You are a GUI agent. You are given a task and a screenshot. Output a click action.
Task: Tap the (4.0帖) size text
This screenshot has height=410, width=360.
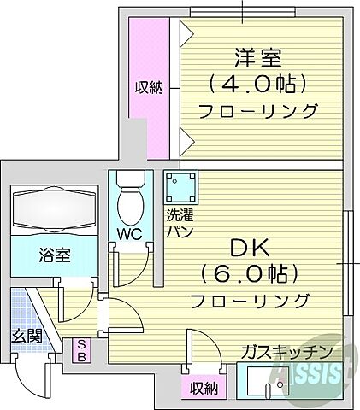(257, 85)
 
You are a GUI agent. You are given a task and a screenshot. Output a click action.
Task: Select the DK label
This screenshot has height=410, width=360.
(249, 249)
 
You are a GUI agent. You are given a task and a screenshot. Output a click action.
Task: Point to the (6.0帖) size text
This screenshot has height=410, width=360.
(249, 275)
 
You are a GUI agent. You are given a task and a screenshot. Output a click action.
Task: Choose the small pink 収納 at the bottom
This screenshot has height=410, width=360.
(204, 389)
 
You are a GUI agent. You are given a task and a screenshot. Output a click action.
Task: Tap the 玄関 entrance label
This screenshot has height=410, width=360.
(26, 336)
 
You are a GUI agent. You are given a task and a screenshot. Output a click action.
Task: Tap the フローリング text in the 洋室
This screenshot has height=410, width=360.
(257, 111)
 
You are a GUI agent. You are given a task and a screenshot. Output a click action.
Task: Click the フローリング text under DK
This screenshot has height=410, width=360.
(249, 301)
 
